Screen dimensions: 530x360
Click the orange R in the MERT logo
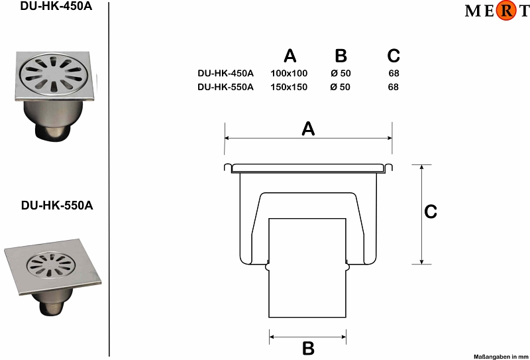(506, 11)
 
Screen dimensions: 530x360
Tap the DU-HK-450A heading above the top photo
(56, 7)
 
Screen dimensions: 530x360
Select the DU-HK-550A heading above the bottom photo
(57, 206)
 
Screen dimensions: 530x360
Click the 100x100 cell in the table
(289, 73)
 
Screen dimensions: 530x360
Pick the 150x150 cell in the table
(289, 87)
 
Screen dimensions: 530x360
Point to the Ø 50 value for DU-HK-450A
(341, 73)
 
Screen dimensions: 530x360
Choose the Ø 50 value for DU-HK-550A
(341, 87)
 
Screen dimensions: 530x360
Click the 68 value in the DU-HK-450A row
(394, 73)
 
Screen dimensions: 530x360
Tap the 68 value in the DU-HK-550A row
(394, 87)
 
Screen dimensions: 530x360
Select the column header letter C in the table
(394, 56)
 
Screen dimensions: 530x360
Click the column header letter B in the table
(341, 56)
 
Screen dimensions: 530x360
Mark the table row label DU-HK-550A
(225, 87)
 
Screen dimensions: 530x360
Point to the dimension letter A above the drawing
(308, 129)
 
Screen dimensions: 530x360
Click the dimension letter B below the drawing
(308, 349)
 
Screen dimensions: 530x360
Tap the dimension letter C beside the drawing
(431, 211)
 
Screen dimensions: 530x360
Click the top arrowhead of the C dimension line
(421, 167)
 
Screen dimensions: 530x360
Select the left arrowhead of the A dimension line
(227, 138)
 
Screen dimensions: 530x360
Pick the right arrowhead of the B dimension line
(344, 337)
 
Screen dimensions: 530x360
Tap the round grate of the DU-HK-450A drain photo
(53, 74)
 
